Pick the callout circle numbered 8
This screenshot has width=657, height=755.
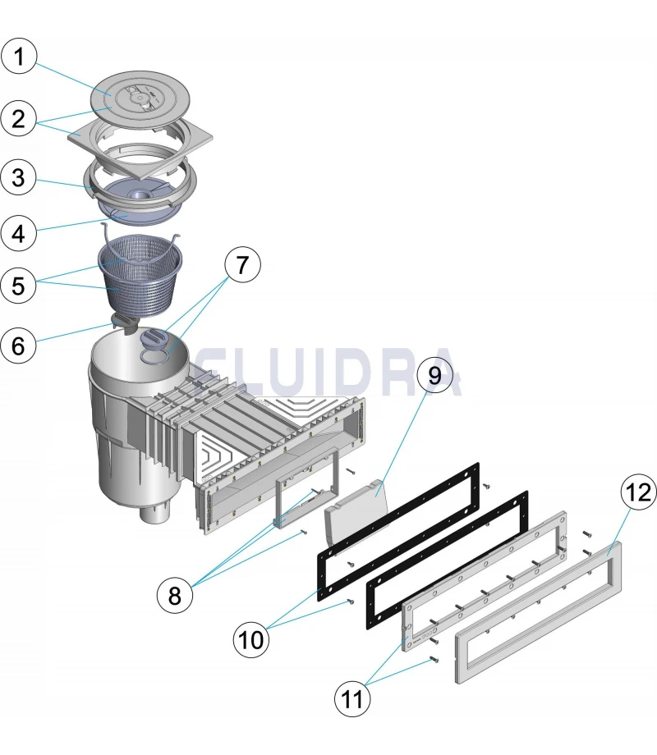(174, 594)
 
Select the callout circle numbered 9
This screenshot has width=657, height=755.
(435, 376)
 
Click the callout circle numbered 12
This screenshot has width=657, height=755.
(637, 493)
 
